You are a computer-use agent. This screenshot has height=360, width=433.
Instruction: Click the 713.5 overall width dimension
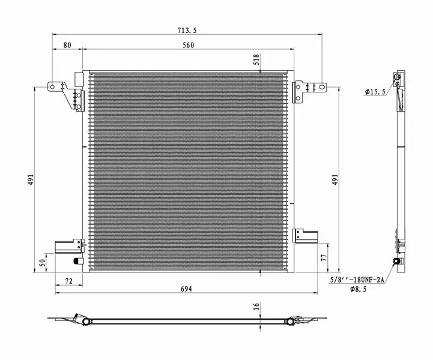(187, 31)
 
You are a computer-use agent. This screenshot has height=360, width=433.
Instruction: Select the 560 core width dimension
(189, 45)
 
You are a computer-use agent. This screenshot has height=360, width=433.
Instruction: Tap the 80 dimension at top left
(67, 45)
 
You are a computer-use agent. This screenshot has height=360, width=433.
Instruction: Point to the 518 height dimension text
(256, 59)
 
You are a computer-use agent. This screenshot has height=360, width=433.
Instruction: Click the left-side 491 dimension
(31, 179)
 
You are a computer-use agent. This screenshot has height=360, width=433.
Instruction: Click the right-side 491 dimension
(335, 179)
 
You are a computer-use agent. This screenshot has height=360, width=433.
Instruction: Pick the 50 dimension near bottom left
(42, 263)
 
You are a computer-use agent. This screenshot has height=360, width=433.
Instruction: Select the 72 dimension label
(68, 281)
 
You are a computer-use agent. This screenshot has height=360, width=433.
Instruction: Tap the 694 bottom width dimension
(186, 289)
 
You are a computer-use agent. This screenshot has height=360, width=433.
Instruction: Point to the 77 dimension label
(324, 257)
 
